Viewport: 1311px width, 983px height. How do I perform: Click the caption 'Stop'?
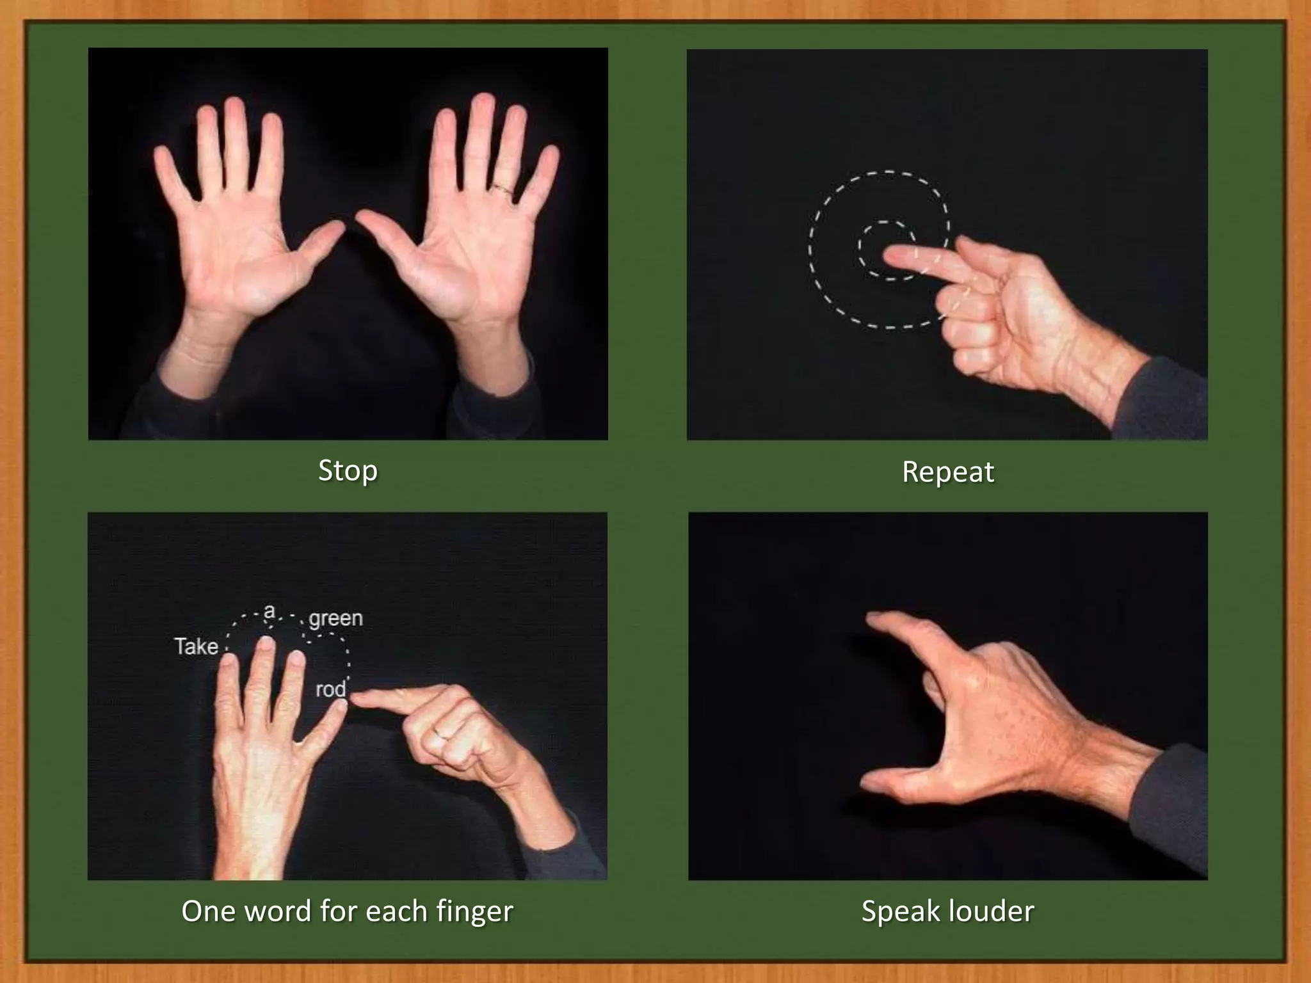tap(348, 471)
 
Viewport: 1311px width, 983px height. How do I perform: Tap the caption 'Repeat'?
tap(947, 472)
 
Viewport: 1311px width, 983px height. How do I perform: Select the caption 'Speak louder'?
tap(947, 911)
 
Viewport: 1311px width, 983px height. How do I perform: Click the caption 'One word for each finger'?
tap(347, 911)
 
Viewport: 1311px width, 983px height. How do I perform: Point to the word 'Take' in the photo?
tap(196, 646)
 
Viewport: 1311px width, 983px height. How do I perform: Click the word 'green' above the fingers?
tap(335, 618)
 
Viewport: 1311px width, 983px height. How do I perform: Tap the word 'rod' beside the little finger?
tap(330, 689)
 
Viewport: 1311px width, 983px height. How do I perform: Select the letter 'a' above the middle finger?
tap(269, 611)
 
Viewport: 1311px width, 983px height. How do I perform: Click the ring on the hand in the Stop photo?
tap(503, 189)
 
